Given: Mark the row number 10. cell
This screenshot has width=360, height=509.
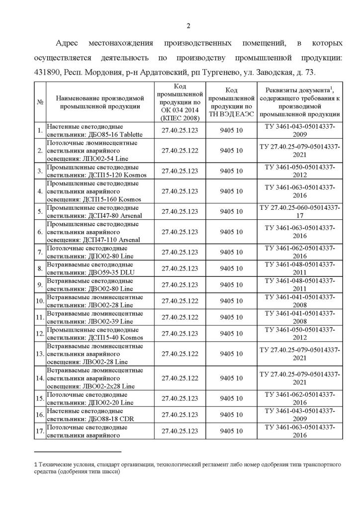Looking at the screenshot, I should tap(39, 301).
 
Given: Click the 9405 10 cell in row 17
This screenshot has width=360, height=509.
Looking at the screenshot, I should tap(231, 431).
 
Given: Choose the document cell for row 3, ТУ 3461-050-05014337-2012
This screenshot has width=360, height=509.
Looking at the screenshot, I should tap(300, 171).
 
